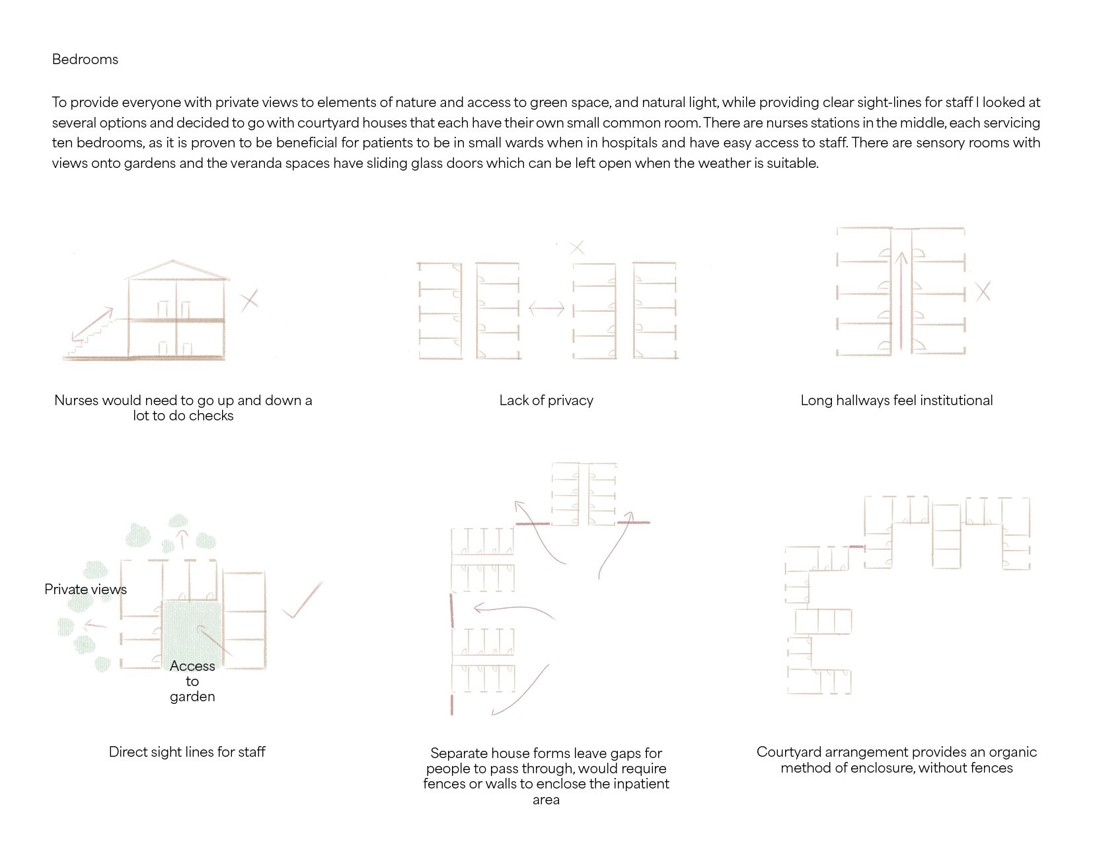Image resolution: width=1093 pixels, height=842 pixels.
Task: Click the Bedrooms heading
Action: coord(85,59)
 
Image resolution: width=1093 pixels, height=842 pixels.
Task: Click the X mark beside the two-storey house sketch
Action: coord(249,301)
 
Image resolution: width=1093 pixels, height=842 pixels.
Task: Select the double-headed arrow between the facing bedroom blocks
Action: coord(546,308)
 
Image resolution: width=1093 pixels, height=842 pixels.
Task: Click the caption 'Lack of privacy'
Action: coord(546,401)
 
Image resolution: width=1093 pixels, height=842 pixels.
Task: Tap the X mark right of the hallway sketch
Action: coord(983,291)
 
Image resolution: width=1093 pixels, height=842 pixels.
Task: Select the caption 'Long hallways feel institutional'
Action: coord(896,401)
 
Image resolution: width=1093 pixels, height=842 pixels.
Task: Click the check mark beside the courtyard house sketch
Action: coord(303,601)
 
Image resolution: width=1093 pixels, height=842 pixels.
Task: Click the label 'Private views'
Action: coord(85,590)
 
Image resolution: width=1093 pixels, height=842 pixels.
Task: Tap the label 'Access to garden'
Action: coord(192,681)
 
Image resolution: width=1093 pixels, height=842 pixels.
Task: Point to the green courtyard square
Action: coord(192,628)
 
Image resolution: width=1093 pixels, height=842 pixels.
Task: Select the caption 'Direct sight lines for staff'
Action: coord(187,752)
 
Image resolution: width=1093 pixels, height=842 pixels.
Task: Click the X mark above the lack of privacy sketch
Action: coord(576,248)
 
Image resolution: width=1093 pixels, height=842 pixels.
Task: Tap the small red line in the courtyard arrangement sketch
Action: coord(856,547)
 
